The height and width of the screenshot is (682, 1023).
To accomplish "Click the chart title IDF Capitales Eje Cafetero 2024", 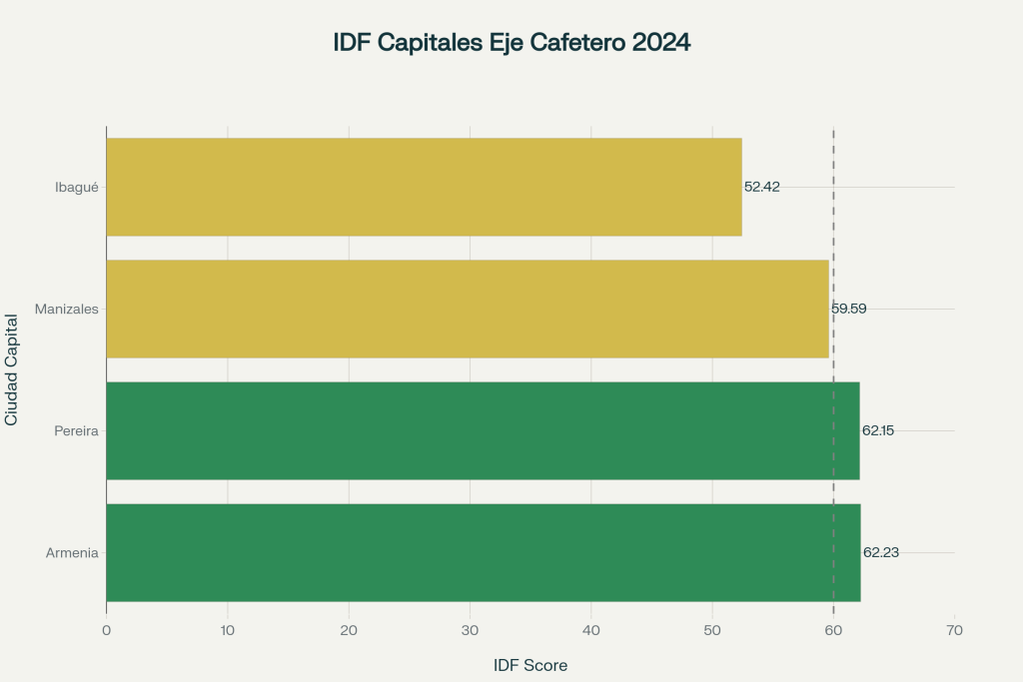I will point(511,43).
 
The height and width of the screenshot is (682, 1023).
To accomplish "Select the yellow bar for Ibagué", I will point(424,187).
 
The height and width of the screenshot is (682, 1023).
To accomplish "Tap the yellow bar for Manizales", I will point(468,309).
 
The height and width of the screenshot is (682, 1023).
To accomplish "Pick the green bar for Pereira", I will point(483,430).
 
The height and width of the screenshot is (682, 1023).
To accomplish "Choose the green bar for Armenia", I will point(483,552).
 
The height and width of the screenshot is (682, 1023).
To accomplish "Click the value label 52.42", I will point(761,187).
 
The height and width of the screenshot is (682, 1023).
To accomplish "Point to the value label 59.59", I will point(849,309).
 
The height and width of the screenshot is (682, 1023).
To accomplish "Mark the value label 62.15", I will point(878,430).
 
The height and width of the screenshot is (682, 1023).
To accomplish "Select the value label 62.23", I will point(880,552).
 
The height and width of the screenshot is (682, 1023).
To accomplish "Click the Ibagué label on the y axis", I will point(77,187).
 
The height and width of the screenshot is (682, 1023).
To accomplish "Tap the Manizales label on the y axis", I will point(66,309).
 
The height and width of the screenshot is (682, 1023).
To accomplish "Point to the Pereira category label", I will point(75,430).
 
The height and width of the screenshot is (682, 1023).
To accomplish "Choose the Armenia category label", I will point(72,552).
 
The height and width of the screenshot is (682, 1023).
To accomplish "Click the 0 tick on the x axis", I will point(107,630).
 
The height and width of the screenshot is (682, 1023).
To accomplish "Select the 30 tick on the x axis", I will point(471,630).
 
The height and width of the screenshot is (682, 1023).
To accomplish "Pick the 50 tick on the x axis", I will point(712,630).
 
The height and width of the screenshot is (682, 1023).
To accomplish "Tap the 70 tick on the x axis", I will point(954,630).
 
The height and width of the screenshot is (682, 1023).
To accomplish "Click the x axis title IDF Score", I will point(530,665).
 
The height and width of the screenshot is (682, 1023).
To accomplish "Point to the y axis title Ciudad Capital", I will point(12,369).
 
